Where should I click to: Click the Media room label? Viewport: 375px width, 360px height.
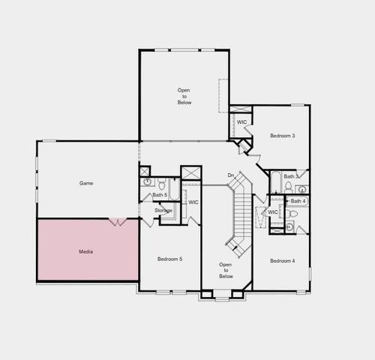point(86,251)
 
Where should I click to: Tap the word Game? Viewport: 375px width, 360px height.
point(86,183)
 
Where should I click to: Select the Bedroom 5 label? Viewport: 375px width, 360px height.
point(169,259)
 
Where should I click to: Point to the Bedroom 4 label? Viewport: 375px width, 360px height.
point(282,260)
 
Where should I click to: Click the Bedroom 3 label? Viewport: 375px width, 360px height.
point(282,136)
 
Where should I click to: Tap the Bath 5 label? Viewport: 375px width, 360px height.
point(160,195)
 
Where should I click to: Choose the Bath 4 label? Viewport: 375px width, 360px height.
point(298,201)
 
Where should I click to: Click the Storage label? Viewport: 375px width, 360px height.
point(163,211)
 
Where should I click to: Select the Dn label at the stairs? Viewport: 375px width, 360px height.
point(231,175)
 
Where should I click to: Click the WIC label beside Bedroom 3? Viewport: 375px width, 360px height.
point(241,122)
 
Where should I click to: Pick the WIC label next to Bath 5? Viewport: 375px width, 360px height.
point(193,202)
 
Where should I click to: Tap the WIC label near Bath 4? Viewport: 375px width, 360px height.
point(273,212)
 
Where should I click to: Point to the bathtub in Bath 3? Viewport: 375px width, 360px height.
point(275,180)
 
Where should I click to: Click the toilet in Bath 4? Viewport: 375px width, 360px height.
point(292,214)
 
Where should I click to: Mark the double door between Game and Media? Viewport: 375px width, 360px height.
point(118,221)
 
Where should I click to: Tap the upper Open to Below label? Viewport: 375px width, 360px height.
point(184,96)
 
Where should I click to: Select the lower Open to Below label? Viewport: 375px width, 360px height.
point(225,270)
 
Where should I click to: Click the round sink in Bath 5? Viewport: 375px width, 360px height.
point(148,181)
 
